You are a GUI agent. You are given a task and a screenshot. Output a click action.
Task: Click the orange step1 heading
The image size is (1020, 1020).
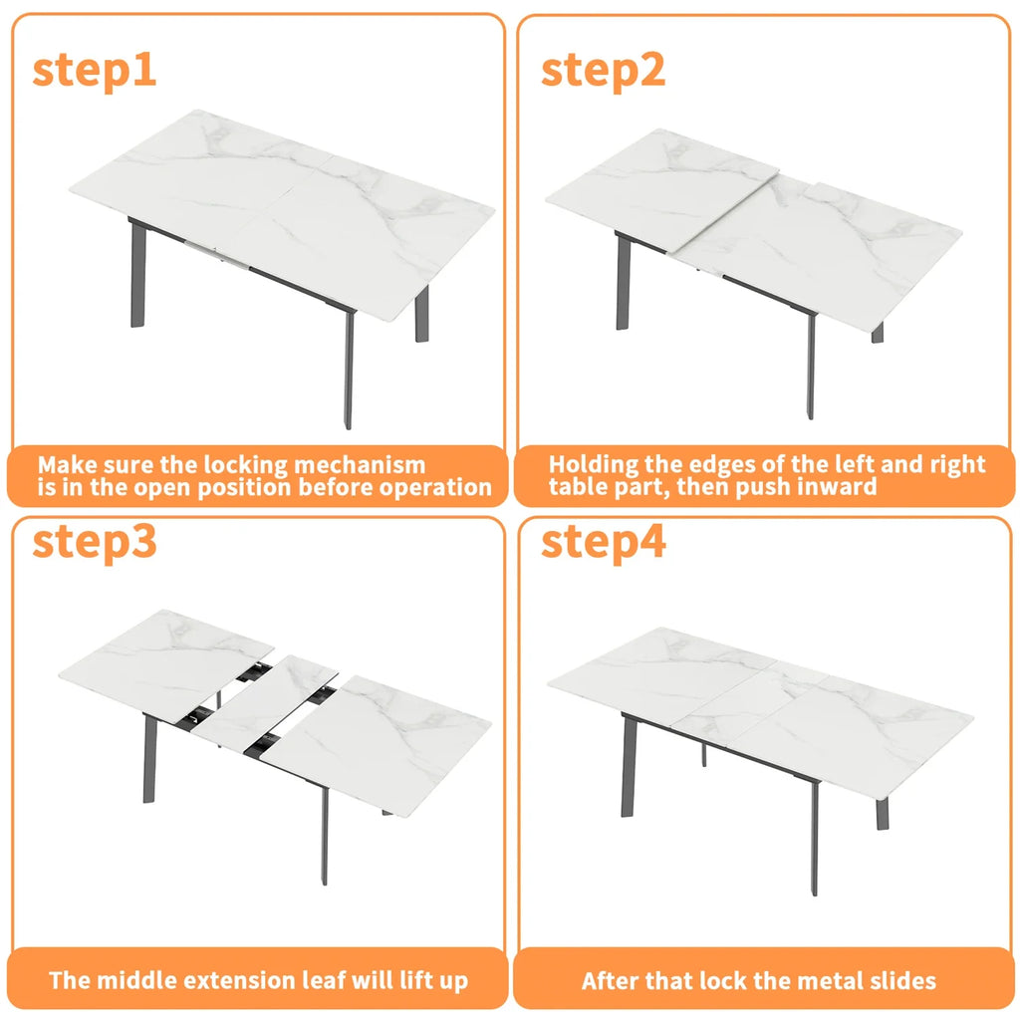[95, 72]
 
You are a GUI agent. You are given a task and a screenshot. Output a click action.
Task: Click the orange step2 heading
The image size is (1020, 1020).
[603, 72]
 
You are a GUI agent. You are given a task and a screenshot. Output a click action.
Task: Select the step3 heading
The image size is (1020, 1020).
[95, 543]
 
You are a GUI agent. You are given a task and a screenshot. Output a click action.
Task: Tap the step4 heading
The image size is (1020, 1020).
[603, 543]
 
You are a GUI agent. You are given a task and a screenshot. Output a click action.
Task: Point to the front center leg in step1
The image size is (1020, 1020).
[349, 369]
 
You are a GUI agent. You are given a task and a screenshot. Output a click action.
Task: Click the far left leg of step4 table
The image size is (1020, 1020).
[628, 767]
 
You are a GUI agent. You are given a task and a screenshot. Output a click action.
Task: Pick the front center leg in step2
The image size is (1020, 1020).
[811, 364]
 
